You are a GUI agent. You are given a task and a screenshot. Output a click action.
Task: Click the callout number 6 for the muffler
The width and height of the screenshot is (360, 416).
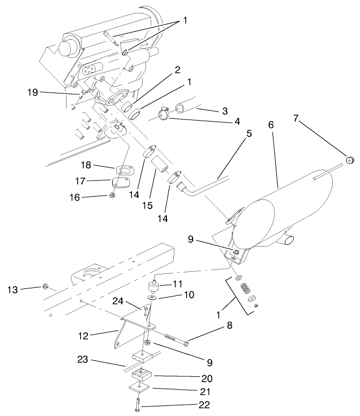271,124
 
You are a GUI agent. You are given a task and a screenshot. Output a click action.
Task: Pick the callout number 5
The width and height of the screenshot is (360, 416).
248,133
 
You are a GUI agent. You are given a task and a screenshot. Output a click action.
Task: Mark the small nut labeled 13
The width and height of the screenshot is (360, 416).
46,287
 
